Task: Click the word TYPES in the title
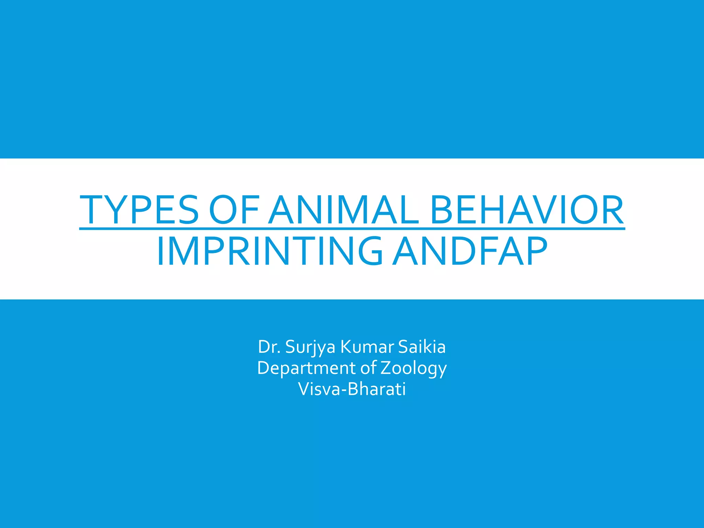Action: pos(139,210)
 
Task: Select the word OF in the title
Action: pos(234,210)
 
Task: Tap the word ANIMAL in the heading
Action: pos(344,210)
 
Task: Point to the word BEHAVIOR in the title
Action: pos(527,210)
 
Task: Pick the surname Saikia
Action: pos(422,347)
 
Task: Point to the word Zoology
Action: pos(414,368)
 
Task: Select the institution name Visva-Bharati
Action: pos(352,389)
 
